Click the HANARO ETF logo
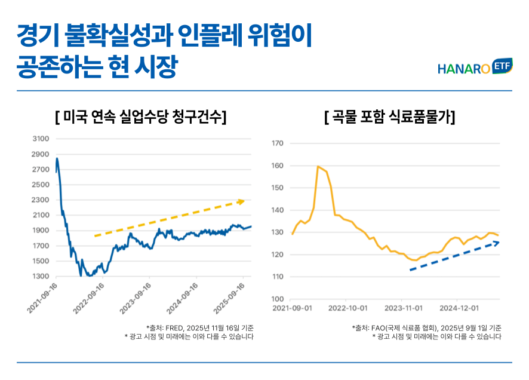point(475,68)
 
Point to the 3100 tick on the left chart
point(41,139)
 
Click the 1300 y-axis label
point(41,277)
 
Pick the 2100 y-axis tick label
point(41,215)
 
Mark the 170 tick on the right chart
point(276,143)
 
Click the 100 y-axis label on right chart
point(276,299)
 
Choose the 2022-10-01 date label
point(347,308)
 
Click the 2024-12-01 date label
point(459,308)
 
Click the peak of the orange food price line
point(318,166)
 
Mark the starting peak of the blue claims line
point(57,158)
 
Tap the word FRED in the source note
point(174,327)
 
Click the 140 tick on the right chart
point(276,210)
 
